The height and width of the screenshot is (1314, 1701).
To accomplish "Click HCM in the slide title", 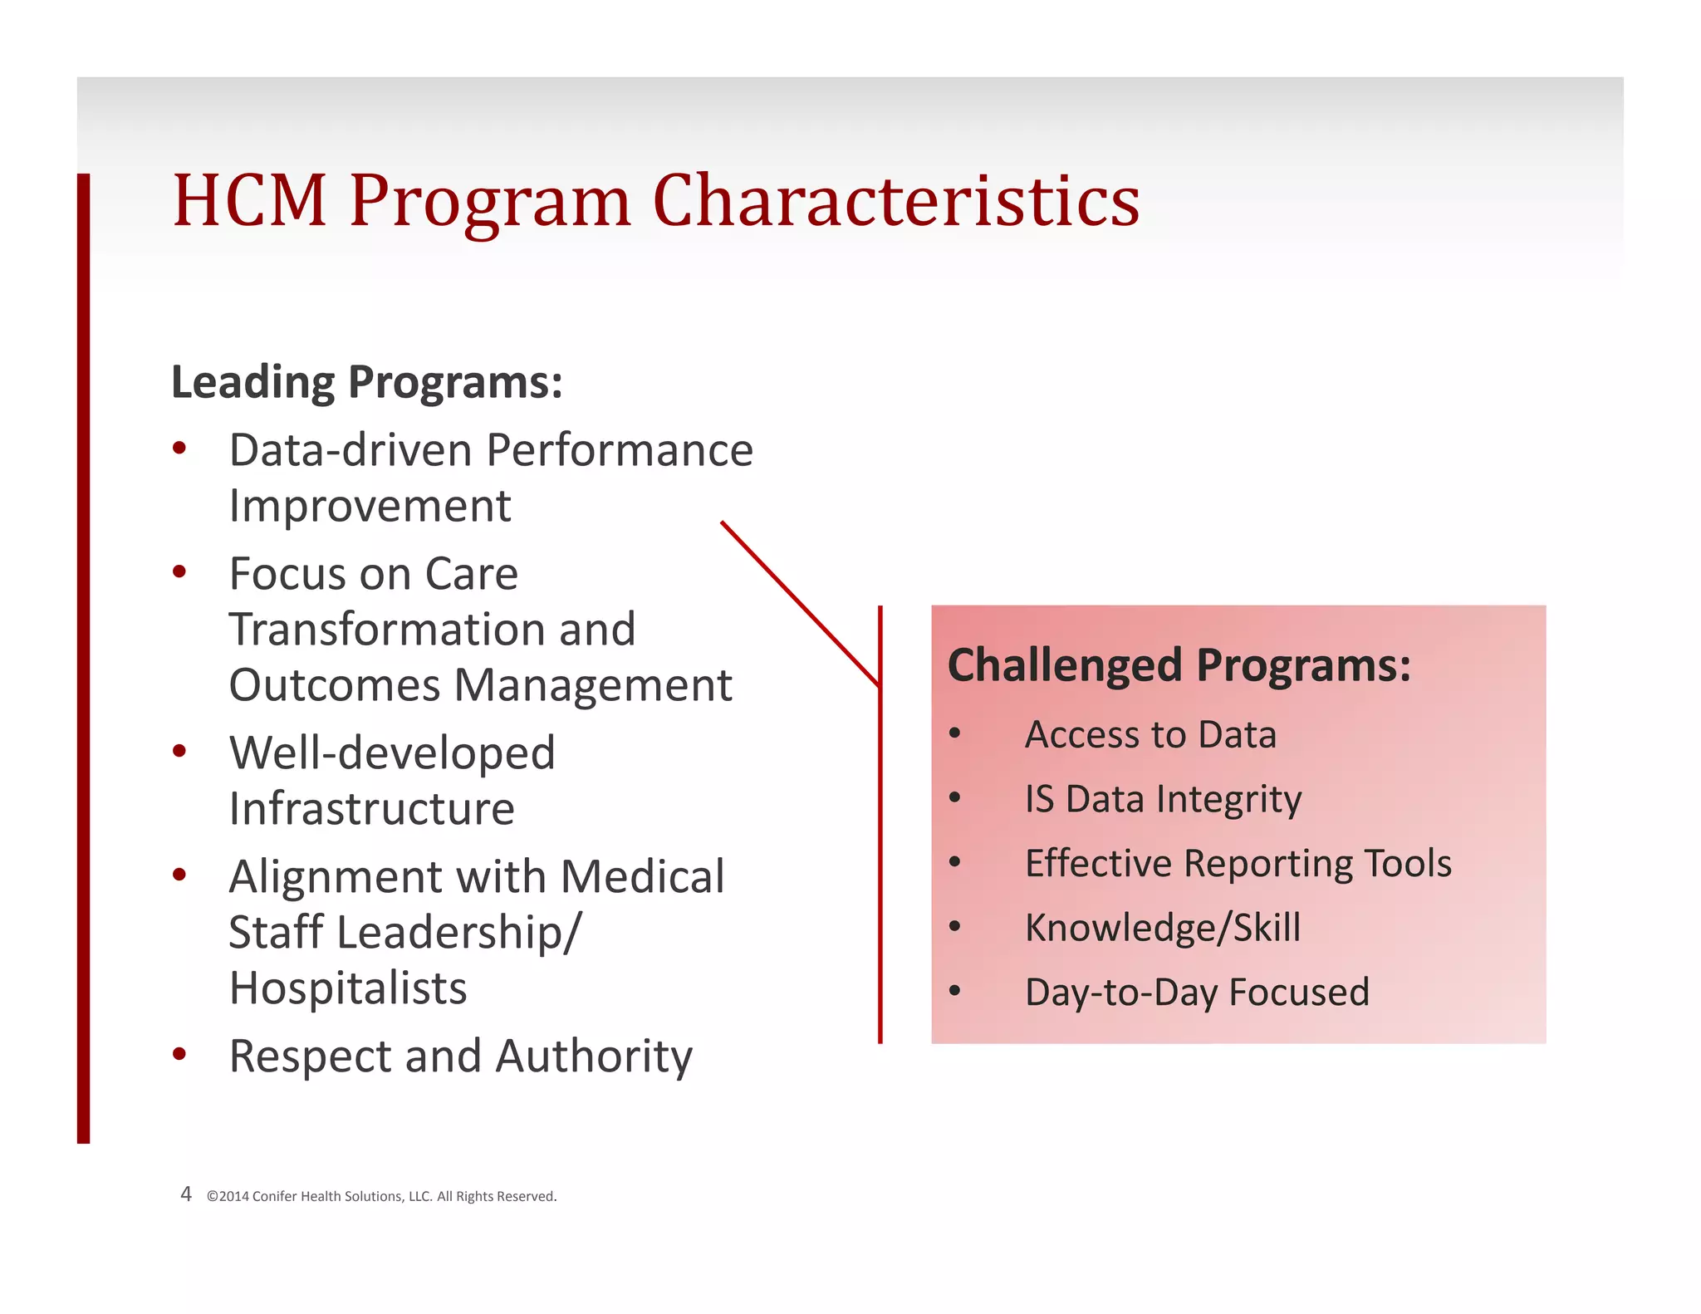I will point(249,201).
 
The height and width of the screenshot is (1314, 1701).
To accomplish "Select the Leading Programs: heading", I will point(366,382).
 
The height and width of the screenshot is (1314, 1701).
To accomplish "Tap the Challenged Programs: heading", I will point(1179,665).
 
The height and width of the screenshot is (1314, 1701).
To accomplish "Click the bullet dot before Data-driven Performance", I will point(179,449).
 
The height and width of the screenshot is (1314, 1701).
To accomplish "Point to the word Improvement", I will point(370,506).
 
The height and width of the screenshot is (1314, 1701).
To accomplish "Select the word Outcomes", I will point(334,685).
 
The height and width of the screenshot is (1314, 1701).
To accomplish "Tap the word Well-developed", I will point(392,753).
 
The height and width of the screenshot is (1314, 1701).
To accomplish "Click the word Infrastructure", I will point(371,809).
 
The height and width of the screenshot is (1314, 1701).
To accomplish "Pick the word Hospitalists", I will point(348,988).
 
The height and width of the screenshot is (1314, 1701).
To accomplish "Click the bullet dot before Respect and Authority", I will point(179,1055).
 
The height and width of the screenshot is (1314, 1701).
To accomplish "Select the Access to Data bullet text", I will point(1150,735).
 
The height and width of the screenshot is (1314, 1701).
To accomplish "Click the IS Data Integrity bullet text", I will point(1163,799).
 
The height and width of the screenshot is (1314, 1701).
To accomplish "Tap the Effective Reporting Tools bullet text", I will point(1238,864).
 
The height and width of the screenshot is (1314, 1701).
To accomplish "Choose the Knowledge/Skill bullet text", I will point(1162,928).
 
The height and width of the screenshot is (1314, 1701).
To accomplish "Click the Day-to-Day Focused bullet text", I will point(1196,993).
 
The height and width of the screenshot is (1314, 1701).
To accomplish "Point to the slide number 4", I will point(186,1194).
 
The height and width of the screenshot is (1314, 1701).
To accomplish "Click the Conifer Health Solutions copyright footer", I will point(381,1196).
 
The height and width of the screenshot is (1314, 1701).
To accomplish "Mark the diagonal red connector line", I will point(799,603).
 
